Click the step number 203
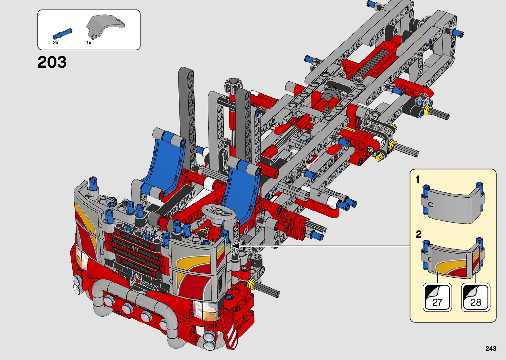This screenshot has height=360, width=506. click(52, 62)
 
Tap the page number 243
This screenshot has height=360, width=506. click(491, 348)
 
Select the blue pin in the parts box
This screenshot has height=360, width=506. click(62, 33)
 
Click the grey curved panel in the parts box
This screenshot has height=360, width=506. click(105, 25)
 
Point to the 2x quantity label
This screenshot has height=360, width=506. click(56, 43)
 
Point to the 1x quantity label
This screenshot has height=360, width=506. click(89, 43)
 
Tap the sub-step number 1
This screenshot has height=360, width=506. click(418, 180)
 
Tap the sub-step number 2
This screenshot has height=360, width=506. click(418, 234)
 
